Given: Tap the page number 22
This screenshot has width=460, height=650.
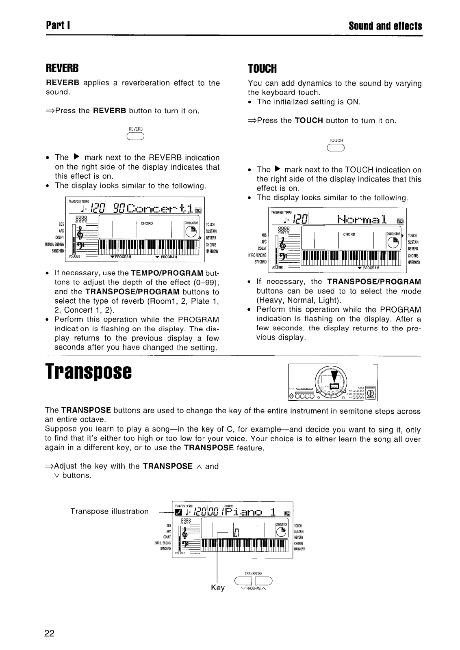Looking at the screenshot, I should [50, 633].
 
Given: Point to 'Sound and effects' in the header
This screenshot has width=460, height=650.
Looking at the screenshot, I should [385, 26].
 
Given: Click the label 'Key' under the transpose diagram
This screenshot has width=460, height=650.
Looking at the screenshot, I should [218, 587].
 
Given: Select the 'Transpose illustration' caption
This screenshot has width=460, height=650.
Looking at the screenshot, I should [109, 511].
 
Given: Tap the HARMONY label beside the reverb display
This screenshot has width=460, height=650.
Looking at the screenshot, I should [212, 251].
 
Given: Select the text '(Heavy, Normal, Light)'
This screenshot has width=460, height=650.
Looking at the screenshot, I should [299, 300].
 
